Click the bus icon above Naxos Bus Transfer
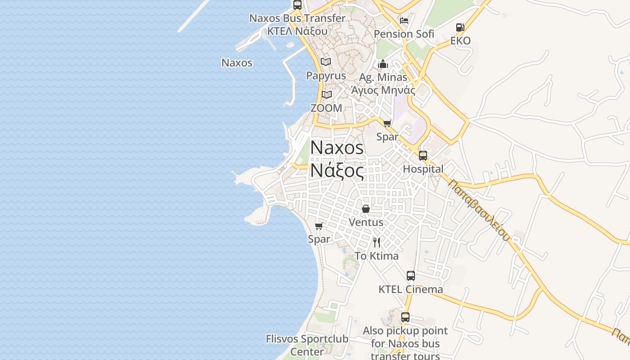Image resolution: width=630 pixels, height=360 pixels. tap(297, 5)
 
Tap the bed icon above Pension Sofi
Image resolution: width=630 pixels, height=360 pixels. tap(404, 21)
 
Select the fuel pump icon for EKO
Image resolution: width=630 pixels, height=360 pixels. tap(460, 27)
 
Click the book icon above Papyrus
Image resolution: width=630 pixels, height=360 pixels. tap(326, 62)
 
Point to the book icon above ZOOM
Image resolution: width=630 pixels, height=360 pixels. tap(326, 94)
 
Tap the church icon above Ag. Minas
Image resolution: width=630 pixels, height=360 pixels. tap(383, 64)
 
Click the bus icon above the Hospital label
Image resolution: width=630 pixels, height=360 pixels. tap(423, 156)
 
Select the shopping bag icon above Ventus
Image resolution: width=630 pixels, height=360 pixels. tap(366, 209)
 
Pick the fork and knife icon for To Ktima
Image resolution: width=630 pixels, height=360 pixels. tap(377, 243)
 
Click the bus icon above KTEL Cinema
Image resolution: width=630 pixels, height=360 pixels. tap(411, 276)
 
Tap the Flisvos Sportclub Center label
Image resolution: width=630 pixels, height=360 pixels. tap(307, 345)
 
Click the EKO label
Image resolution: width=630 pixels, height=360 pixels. tap(460, 41)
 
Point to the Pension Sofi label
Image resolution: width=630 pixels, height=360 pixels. tap(404, 34)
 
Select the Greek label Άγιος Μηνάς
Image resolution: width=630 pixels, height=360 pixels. tap(383, 90)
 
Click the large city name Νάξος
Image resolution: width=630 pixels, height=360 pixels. tap(337, 171)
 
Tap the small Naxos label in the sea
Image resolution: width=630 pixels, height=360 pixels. tap(237, 63)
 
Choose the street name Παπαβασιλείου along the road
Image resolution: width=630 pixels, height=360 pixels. tap(480, 210)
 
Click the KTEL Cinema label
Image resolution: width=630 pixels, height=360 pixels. tap(410, 289)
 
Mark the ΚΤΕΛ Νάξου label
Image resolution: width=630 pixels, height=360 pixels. tap(297, 31)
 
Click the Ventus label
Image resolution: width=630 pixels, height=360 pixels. tap(366, 222)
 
